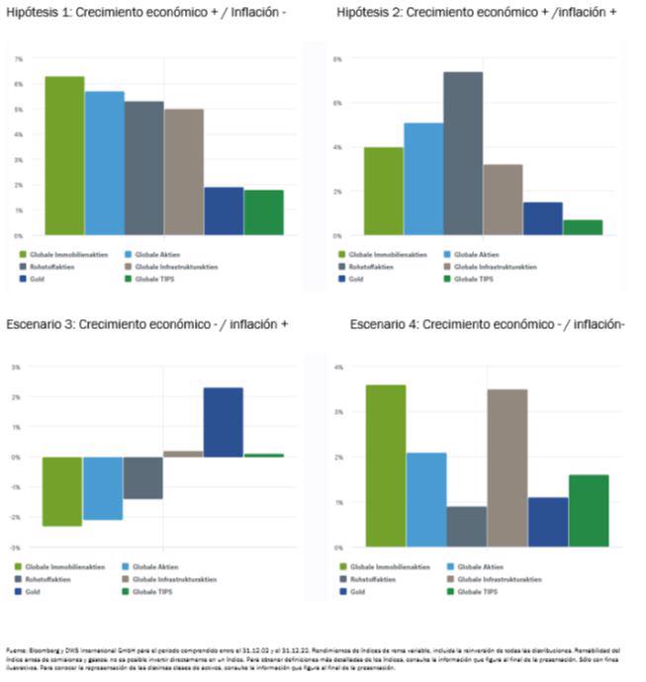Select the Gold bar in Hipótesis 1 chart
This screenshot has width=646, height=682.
(x=224, y=212)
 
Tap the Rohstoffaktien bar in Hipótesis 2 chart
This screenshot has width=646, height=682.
(x=463, y=153)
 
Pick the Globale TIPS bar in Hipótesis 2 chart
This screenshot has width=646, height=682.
(x=583, y=227)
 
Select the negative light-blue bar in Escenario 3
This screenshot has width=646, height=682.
(x=103, y=488)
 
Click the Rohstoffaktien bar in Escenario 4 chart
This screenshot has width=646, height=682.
(x=466, y=526)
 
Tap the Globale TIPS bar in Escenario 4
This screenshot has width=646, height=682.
(x=590, y=510)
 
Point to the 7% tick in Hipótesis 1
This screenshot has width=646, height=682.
(x=18, y=59)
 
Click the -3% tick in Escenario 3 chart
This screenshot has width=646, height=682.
(x=16, y=547)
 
